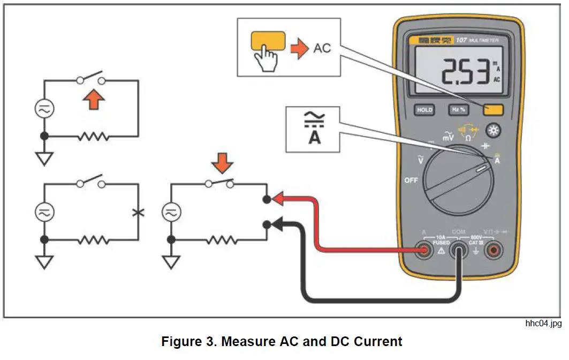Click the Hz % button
[x=458, y=110]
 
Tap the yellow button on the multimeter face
[x=493, y=110]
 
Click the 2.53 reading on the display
[x=464, y=73]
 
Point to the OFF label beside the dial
[x=411, y=180]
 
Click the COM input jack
[x=459, y=251]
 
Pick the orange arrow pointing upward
[x=94, y=100]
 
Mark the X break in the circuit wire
[x=138, y=212]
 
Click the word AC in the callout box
[x=322, y=48]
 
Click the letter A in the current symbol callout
[x=313, y=137]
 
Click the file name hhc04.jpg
[x=543, y=324]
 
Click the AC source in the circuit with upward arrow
[x=44, y=109]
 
